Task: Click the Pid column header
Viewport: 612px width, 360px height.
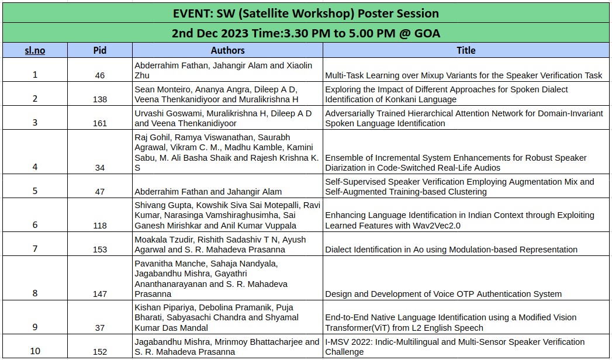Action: pos(99,50)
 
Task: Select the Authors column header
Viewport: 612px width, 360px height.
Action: pos(227,50)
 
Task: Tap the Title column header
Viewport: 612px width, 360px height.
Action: pos(466,50)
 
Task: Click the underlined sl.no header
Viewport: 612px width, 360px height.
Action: pos(34,50)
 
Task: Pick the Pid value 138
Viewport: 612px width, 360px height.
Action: pos(100,99)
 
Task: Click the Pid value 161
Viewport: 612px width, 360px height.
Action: pos(100,123)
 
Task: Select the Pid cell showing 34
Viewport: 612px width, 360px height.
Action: pos(100,168)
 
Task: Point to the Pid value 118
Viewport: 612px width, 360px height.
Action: pos(100,226)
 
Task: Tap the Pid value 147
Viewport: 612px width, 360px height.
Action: pos(100,294)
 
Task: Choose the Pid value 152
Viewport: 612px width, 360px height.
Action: pos(100,352)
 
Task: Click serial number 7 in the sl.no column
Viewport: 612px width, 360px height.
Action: pos(35,249)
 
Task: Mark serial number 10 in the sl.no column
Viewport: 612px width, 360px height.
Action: pos(35,351)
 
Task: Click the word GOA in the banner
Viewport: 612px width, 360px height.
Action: pos(428,33)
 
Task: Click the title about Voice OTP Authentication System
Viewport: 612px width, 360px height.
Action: pos(444,294)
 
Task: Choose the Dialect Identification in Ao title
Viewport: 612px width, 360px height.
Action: pos(451,250)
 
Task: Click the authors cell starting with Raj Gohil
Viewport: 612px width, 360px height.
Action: pos(227,153)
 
